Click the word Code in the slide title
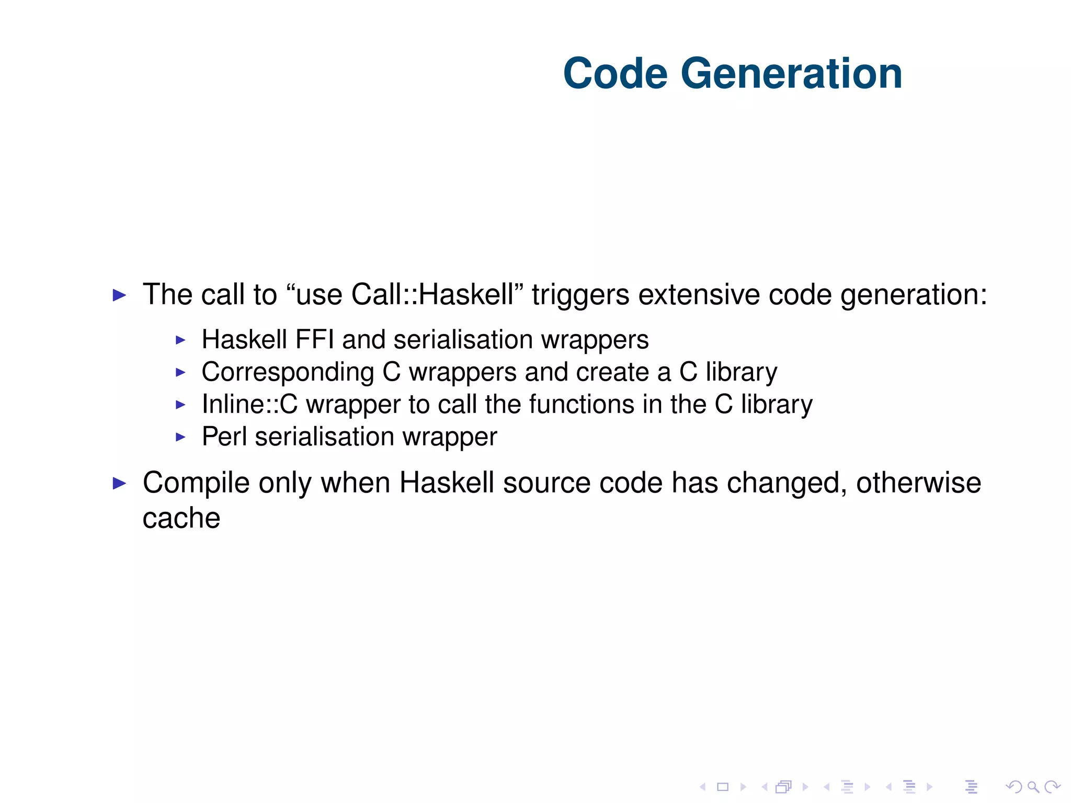pos(615,74)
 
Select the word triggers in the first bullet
pos(580,295)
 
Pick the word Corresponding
pos(288,373)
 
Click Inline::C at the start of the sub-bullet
pos(249,404)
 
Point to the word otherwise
pos(918,482)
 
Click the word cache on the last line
pos(181,518)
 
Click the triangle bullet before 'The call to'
pos(120,295)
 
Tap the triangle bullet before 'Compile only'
pos(120,484)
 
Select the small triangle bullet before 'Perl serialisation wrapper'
pos(180,437)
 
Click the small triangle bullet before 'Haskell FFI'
pos(180,340)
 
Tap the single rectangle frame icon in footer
pos(723,787)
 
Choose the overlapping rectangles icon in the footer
pos(784,787)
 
